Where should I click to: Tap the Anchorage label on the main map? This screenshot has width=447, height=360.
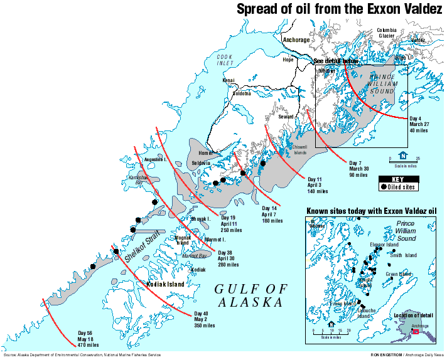pos(296,40)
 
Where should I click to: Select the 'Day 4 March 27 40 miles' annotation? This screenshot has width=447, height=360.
pos(418,124)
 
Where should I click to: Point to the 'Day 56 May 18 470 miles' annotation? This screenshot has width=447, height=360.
pos(88,339)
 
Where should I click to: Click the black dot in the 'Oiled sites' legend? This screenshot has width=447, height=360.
pos(383,186)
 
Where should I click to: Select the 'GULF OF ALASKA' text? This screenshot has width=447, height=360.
pos(250,295)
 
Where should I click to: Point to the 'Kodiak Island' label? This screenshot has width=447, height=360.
pos(166,284)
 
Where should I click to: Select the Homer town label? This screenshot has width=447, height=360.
pos(206,153)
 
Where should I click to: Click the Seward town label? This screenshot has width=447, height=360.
pos(286,117)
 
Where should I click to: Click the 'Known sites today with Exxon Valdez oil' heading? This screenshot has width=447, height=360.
pos(371,210)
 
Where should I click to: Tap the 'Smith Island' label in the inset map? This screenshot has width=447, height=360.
pos(402,255)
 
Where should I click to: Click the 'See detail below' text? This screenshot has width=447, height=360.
pos(336,61)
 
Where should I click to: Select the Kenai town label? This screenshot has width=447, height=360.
pos(229,81)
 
